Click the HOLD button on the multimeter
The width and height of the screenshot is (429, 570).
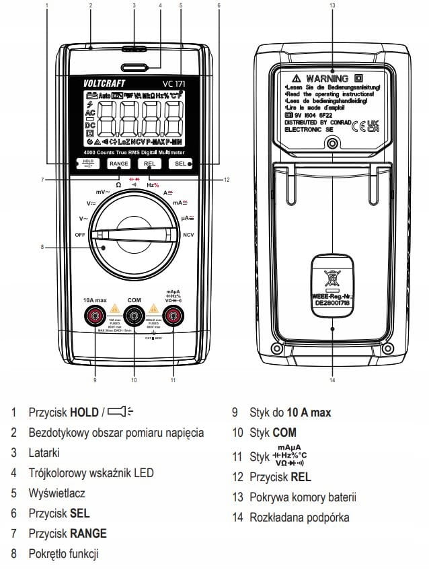[x=89, y=164]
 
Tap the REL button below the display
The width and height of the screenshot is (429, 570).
[x=149, y=164]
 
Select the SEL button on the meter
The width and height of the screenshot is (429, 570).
[x=181, y=164]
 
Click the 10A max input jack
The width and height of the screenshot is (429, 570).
[x=95, y=314]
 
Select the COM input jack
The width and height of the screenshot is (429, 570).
[x=134, y=314]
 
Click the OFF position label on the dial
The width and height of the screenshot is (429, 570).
[x=80, y=234]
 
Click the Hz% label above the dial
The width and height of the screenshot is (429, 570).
[x=153, y=184]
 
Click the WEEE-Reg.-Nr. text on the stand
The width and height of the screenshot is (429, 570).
[x=331, y=295]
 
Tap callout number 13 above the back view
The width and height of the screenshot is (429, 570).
[x=332, y=5]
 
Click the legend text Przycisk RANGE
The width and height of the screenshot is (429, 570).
[x=67, y=533]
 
